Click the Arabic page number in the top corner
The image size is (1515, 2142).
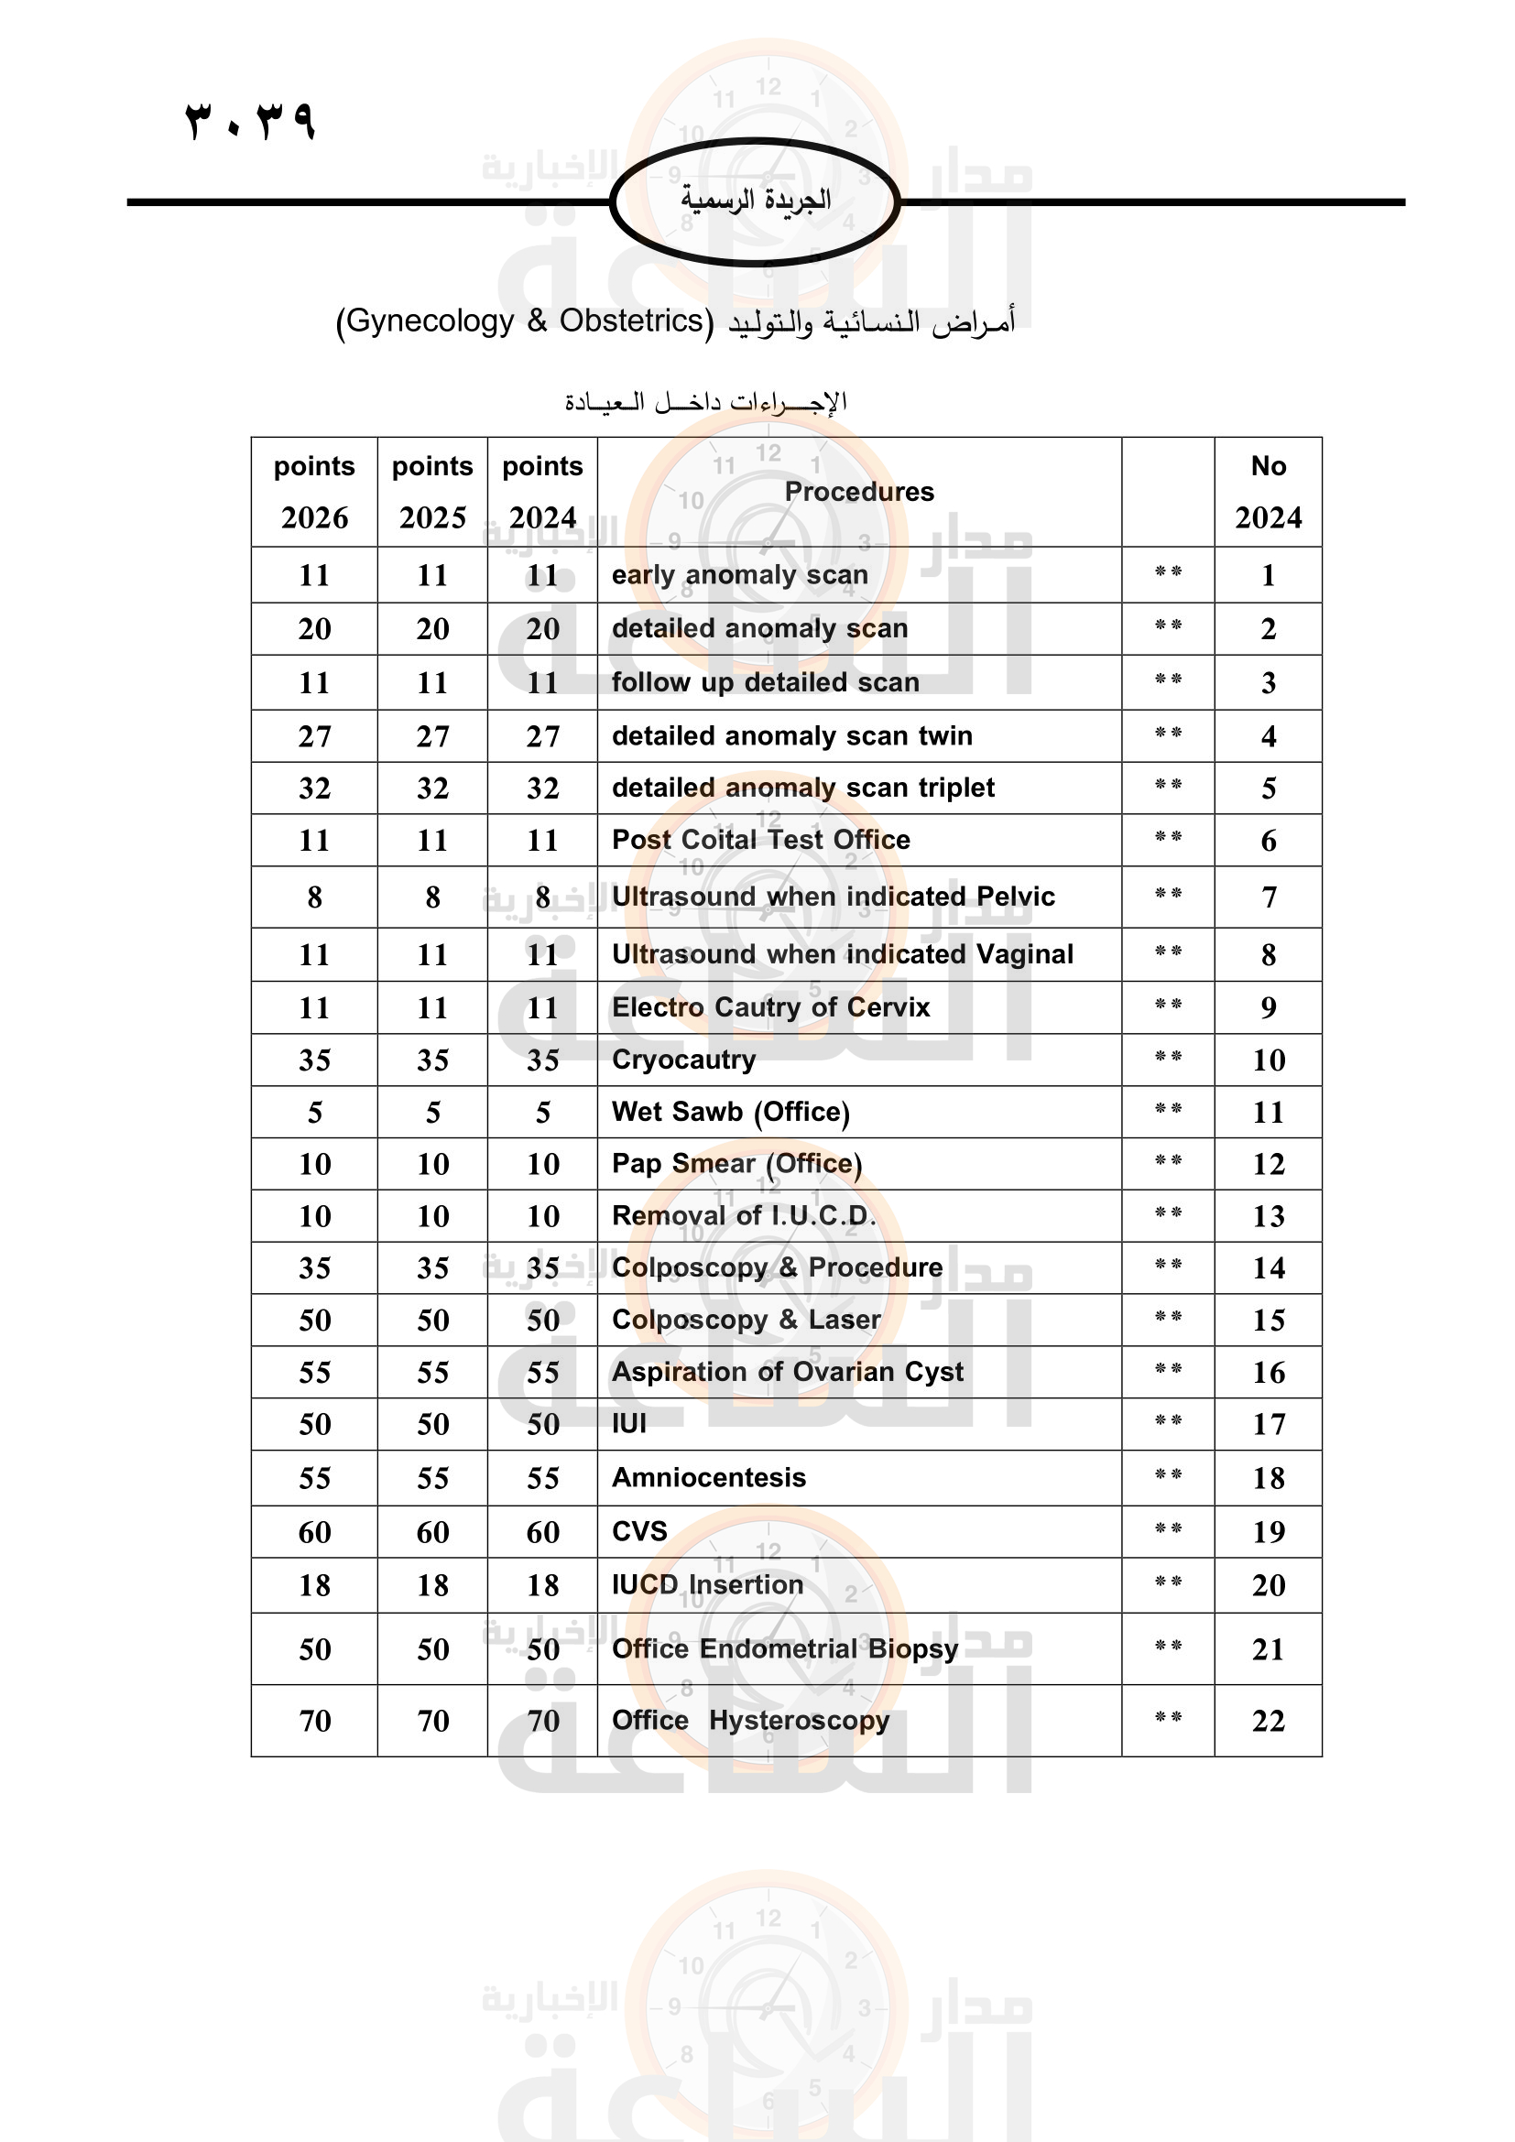[x=250, y=121]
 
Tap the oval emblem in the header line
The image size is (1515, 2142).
[x=755, y=201]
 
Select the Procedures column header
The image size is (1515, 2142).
[x=858, y=492]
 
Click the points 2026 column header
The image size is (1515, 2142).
[x=314, y=492]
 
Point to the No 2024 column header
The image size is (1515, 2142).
[x=1268, y=492]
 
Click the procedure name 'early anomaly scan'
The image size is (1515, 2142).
[x=740, y=575]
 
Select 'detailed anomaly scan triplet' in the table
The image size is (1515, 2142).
[x=803, y=788]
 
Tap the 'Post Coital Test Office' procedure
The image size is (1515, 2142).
[x=760, y=840]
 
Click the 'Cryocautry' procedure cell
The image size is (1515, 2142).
[x=684, y=1060]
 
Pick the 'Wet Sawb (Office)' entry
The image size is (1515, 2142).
[x=730, y=1112]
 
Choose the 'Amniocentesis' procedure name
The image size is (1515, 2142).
[x=709, y=1478]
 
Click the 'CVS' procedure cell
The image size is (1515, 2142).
[x=640, y=1531]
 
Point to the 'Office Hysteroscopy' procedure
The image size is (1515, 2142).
[x=750, y=1721]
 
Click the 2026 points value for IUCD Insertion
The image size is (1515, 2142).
[x=314, y=1585]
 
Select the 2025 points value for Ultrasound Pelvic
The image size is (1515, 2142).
[x=433, y=897]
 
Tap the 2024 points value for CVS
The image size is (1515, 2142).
[x=543, y=1532]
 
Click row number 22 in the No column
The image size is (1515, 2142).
[x=1268, y=1722]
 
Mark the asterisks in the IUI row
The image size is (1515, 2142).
[x=1168, y=1421]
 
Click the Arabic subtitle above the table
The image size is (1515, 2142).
[x=705, y=402]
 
